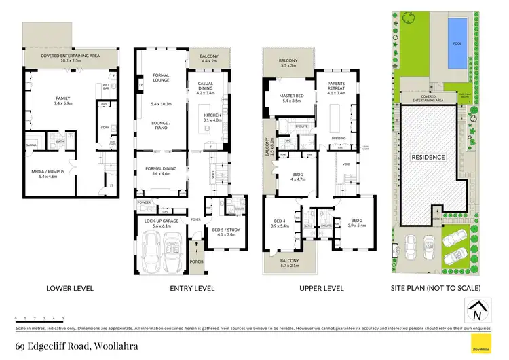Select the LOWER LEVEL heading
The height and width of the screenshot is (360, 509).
tap(64, 288)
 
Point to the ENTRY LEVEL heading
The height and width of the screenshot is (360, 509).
tap(192, 288)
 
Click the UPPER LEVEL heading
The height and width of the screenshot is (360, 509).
tap(322, 288)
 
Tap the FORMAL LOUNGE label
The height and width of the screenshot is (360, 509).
tap(161, 77)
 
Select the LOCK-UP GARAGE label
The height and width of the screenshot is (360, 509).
tap(161, 221)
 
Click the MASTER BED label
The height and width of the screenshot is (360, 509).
tap(295, 97)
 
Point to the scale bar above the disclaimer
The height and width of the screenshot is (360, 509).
tap(39, 318)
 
